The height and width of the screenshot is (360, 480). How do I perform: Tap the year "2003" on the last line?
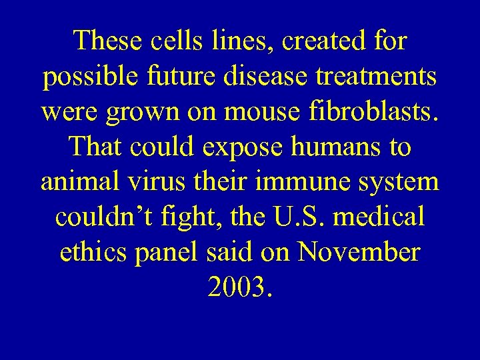click(x=236, y=287)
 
